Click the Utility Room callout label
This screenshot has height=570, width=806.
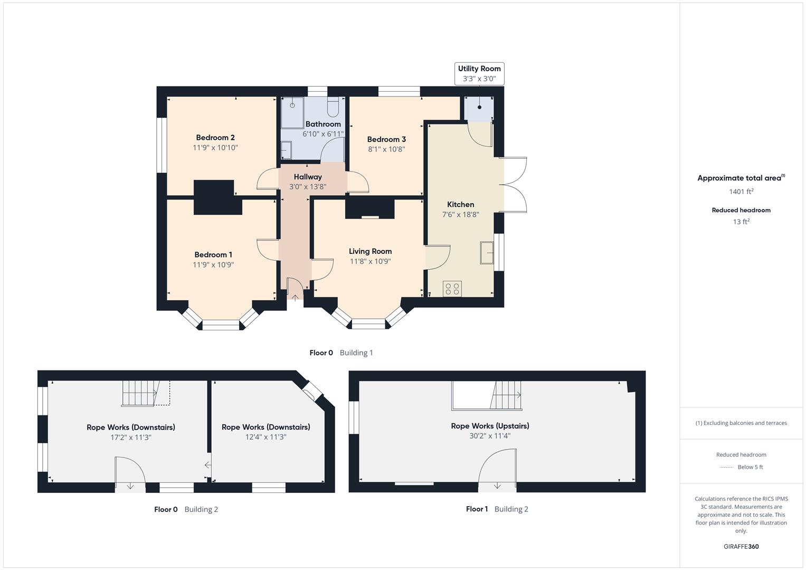[479, 73]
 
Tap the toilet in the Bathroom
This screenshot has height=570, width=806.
[333, 107]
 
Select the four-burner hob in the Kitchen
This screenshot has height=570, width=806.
[452, 289]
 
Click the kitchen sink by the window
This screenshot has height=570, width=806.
[487, 252]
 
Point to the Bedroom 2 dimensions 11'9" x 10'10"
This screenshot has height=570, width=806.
[215, 148]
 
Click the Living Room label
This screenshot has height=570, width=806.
[370, 251]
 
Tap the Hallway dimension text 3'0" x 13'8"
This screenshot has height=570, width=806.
[308, 187]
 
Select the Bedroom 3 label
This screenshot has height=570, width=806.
[386, 139]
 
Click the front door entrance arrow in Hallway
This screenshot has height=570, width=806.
[295, 297]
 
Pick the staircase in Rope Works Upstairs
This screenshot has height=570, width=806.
[507, 395]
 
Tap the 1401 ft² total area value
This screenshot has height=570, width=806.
[741, 192]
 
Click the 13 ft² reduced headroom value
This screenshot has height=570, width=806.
[741, 222]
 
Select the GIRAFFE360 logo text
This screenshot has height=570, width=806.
[741, 546]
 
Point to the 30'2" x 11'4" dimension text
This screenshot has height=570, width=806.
[490, 436]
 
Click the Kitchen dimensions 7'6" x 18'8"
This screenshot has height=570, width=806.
[460, 214]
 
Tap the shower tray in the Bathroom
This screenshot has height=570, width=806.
[292, 112]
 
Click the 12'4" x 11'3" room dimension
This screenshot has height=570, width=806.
[265, 437]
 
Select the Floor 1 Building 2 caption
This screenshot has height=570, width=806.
[497, 509]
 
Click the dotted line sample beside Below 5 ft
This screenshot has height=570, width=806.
[726, 467]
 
